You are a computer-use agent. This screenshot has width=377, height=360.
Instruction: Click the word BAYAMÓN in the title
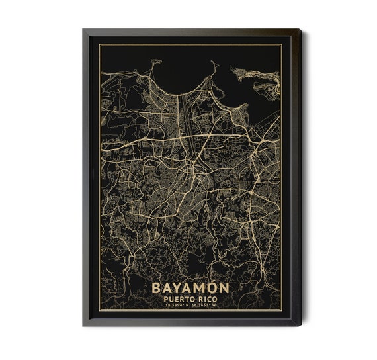click(x=190, y=289)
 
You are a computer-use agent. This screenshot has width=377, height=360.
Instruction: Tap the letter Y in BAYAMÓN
click(x=178, y=289)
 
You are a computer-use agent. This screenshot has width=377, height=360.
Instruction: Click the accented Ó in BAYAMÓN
click(x=213, y=288)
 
